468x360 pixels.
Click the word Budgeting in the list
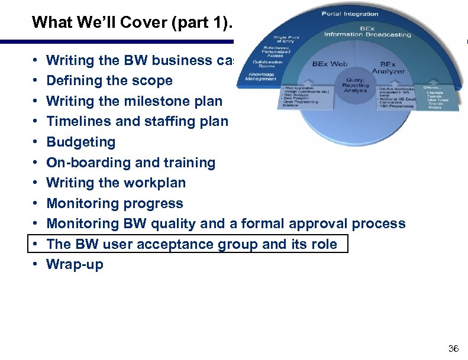(81, 142)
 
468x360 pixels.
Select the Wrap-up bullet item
(75, 264)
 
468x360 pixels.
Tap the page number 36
(453, 348)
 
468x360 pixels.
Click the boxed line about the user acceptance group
(192, 244)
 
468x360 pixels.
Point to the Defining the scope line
(109, 80)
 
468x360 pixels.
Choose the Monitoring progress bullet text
(115, 203)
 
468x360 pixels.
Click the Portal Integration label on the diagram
(350, 14)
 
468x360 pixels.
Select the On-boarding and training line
(131, 163)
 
